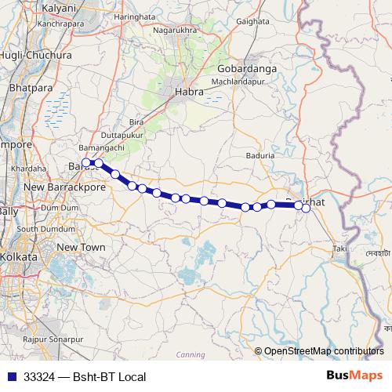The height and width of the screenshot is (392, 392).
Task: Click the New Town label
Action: click(81, 247)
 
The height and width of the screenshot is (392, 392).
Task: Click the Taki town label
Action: click(339, 249)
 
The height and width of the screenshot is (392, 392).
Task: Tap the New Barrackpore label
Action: click(65, 188)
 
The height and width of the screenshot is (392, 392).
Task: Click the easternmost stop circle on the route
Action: click(307, 208)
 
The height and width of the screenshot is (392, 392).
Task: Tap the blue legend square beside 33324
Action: click(11, 376)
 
